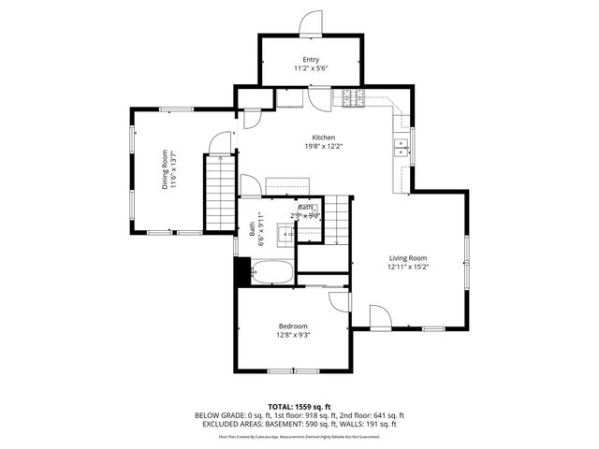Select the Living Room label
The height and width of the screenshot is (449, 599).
coord(408,257)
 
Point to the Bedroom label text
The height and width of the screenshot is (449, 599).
coord(293,326)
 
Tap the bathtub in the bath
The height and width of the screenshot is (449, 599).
coord(272,273)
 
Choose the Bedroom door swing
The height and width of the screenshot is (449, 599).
coord(339,302)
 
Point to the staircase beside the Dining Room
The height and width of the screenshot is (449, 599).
coord(219,191)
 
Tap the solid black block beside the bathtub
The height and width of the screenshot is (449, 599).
coord(242,272)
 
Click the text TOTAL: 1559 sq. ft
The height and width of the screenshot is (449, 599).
coord(299,406)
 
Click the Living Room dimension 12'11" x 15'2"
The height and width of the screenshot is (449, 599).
coord(408,266)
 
